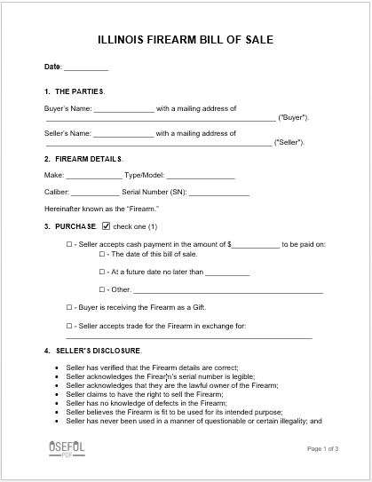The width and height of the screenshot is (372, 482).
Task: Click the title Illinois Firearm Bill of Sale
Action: click(186, 40)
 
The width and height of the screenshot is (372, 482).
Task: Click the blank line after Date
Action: click(86, 67)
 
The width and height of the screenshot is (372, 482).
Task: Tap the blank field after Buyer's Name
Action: click(123, 109)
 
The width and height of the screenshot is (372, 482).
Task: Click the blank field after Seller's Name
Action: click(123, 134)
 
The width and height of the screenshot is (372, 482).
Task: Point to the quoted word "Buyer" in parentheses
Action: click(293, 117)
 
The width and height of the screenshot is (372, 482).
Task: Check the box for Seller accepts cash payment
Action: click(69, 242)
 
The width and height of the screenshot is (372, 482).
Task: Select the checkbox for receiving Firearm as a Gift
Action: click(69, 307)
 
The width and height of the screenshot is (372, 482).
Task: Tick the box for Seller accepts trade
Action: click(69, 326)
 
